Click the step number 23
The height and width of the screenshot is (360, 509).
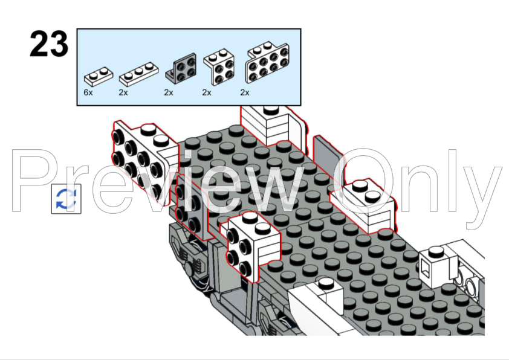(49, 43)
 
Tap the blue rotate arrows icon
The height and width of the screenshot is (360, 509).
(66, 199)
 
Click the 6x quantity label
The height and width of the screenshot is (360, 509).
(88, 93)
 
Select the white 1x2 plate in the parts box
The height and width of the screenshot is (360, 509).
(99, 77)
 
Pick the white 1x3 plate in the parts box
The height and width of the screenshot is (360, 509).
(138, 74)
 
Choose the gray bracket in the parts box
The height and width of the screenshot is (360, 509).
(181, 68)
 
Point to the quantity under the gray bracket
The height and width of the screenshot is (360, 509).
(169, 93)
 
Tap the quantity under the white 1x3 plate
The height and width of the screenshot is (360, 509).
(123, 93)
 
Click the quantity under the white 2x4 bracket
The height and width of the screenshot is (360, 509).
(245, 93)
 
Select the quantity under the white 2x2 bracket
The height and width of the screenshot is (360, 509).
(207, 93)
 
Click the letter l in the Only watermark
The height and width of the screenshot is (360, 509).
(452, 181)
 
